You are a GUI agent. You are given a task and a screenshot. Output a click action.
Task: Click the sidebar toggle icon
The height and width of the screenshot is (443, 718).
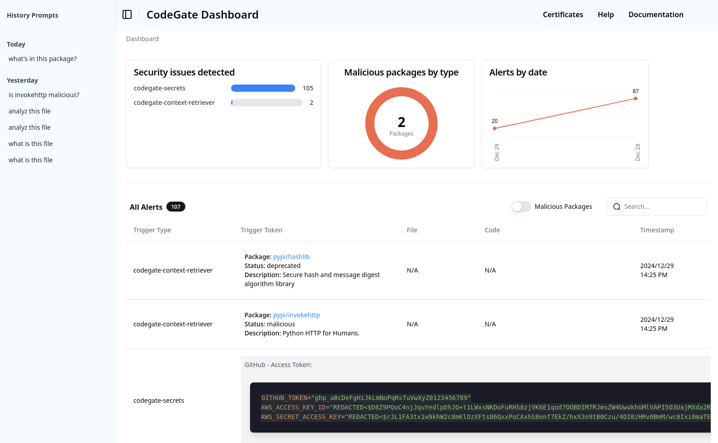tap(127, 14)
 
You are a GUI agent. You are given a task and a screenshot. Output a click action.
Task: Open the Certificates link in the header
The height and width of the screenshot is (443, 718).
tap(563, 14)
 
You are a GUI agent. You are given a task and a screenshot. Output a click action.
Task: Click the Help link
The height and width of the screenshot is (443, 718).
tap(605, 14)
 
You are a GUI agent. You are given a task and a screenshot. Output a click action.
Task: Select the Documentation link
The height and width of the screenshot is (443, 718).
tap(656, 14)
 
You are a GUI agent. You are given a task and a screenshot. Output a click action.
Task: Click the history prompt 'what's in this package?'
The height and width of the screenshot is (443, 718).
tap(43, 59)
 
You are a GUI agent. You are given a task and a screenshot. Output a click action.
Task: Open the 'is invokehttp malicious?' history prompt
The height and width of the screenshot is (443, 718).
tap(44, 95)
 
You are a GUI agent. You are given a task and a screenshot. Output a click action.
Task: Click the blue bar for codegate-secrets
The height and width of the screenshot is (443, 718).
tap(263, 88)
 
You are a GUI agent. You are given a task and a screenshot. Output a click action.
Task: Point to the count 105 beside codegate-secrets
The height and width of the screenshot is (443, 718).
tap(308, 88)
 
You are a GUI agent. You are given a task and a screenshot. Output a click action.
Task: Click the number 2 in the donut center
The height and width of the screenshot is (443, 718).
tap(402, 122)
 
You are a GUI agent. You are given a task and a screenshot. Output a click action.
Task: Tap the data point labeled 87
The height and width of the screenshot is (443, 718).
tap(636, 99)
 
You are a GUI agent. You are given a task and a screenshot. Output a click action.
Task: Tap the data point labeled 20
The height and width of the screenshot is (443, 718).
tap(495, 128)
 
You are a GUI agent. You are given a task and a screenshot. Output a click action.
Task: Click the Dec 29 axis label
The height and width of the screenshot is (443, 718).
tap(497, 152)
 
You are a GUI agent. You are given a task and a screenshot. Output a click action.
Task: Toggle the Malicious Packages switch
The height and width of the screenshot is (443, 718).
tap(521, 207)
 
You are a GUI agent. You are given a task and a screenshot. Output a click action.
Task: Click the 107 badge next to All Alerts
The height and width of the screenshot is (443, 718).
tap(176, 207)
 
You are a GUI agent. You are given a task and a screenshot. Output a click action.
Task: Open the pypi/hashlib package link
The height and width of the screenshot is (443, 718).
tap(291, 257)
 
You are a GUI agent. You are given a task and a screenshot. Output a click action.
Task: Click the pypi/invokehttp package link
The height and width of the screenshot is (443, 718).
tap(296, 315)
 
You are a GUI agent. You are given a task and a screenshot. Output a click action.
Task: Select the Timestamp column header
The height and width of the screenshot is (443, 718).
tap(657, 230)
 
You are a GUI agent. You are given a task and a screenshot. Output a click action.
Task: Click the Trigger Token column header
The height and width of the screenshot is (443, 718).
tap(261, 230)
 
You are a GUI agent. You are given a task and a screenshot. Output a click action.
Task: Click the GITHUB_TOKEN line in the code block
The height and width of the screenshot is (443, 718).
tap(366, 398)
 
